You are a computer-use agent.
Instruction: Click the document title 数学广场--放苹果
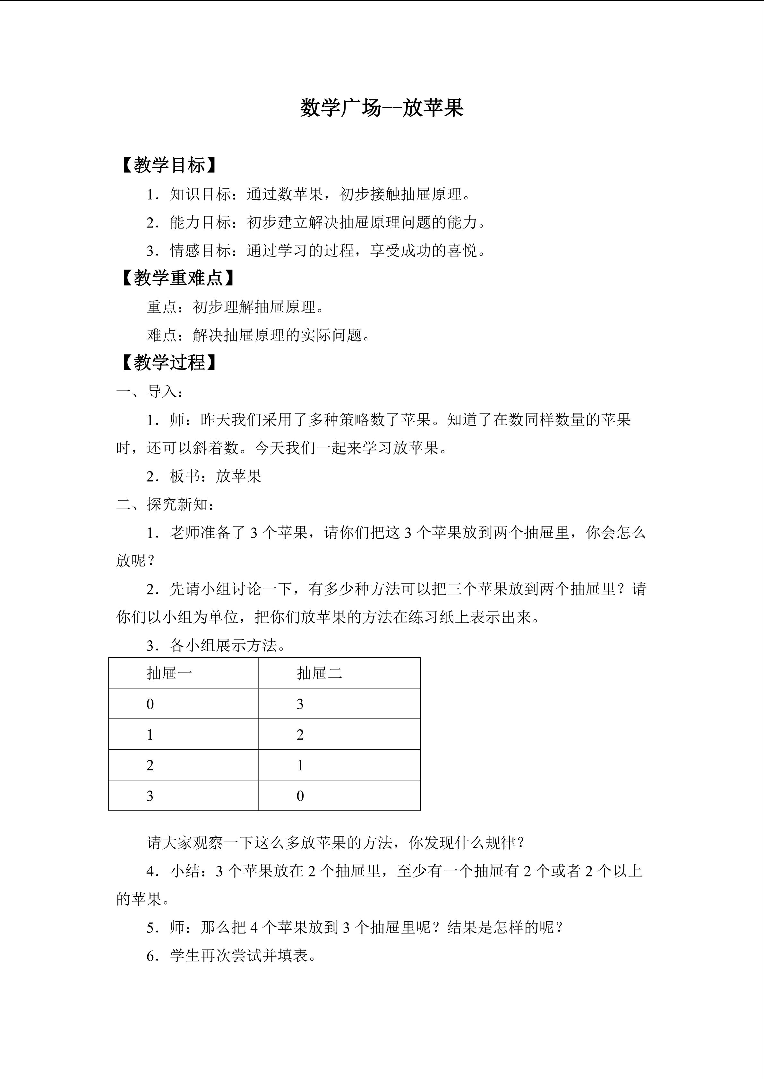pos(382,108)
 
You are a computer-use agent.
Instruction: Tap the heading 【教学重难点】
pos(178,278)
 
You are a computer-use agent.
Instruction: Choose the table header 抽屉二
pos(320,673)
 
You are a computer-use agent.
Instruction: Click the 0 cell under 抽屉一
pos(150,704)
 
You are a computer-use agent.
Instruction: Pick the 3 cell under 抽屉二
pos(300,704)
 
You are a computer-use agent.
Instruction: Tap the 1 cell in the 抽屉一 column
pos(150,735)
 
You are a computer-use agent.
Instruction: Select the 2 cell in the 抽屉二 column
pos(300,735)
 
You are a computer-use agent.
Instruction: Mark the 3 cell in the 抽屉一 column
pos(150,796)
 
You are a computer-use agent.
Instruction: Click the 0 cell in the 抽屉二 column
pos(300,796)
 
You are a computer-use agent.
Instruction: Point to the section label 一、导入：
pos(150,391)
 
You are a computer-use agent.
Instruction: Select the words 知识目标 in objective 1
pos(201,194)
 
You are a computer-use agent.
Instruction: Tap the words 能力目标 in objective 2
pos(201,222)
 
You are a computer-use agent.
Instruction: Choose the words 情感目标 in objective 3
pos(201,251)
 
